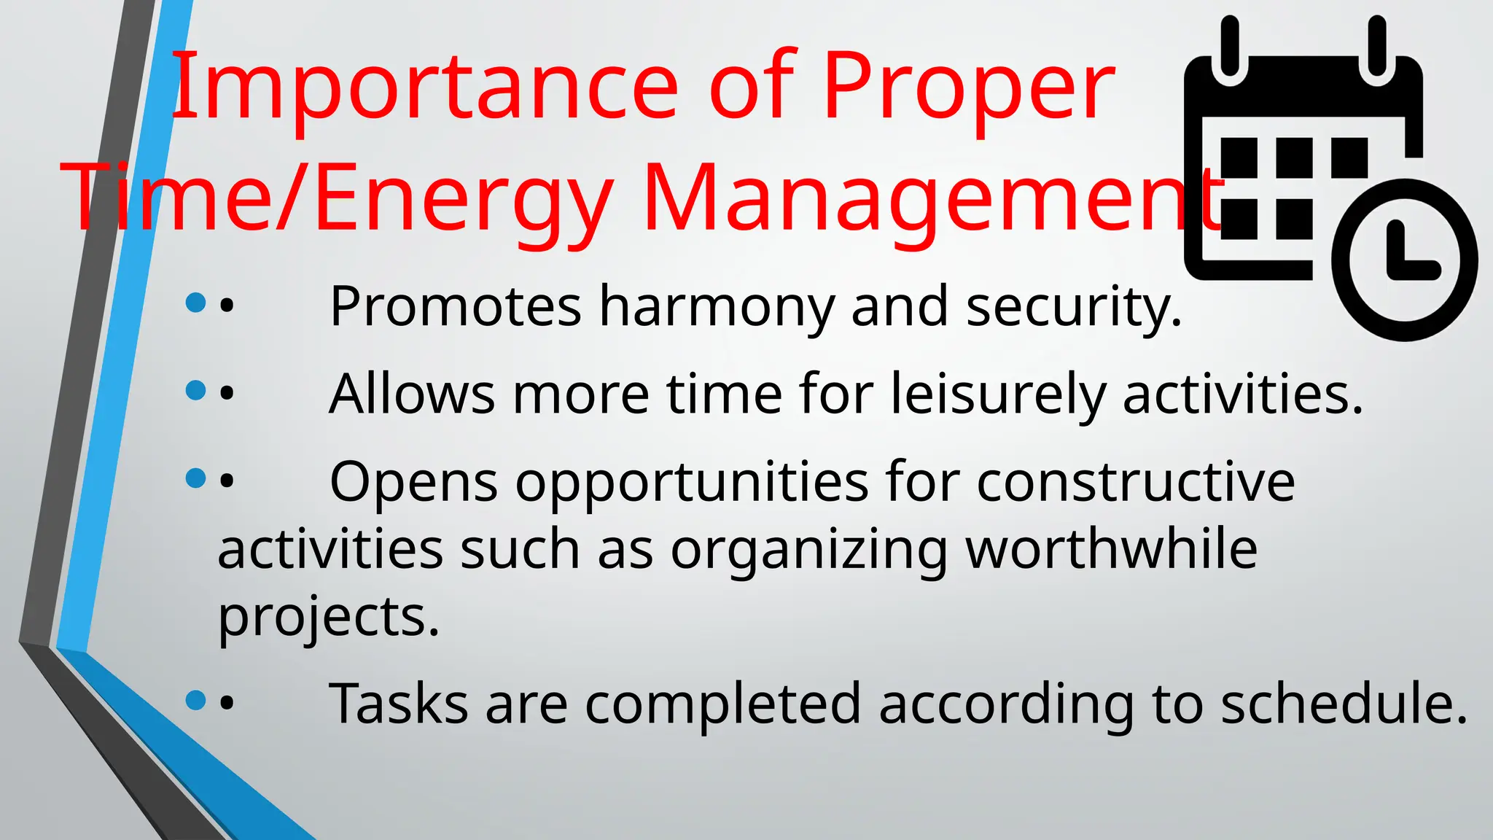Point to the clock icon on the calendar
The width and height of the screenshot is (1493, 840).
[x=1404, y=260]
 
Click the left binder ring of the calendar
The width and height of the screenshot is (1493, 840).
[x=1230, y=45]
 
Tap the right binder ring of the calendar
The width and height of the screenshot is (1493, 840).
[x=1377, y=45]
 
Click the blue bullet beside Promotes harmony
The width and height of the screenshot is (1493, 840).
[x=195, y=303]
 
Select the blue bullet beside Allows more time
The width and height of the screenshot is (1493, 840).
[x=195, y=390]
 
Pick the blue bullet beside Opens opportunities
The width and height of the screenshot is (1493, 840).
[x=195, y=478]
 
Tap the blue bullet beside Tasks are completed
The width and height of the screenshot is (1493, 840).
[x=195, y=700]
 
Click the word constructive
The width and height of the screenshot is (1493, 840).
[x=1135, y=483]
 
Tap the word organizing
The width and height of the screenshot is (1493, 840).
[x=808, y=551]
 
